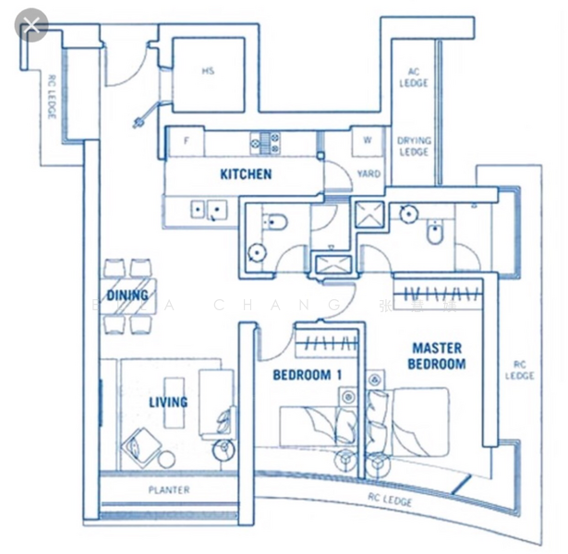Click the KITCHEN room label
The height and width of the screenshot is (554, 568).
pyautogui.click(x=246, y=174)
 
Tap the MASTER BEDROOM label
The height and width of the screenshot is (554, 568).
pyautogui.click(x=437, y=355)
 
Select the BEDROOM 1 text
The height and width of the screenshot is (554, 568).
pyautogui.click(x=308, y=375)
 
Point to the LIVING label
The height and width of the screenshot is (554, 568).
pyautogui.click(x=168, y=402)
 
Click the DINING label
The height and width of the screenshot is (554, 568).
pyautogui.click(x=127, y=295)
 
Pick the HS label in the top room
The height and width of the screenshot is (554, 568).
pyautogui.click(x=208, y=71)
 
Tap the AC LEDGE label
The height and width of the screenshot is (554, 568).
pyautogui.click(x=414, y=78)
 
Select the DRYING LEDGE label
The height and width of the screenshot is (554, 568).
pyautogui.click(x=414, y=146)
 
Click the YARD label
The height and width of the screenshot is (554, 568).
pyautogui.click(x=369, y=174)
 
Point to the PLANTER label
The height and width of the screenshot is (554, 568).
pyautogui.click(x=169, y=489)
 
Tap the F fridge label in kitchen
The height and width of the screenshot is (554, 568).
pyautogui.click(x=187, y=141)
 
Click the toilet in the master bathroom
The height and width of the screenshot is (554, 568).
pyautogui.click(x=434, y=234)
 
